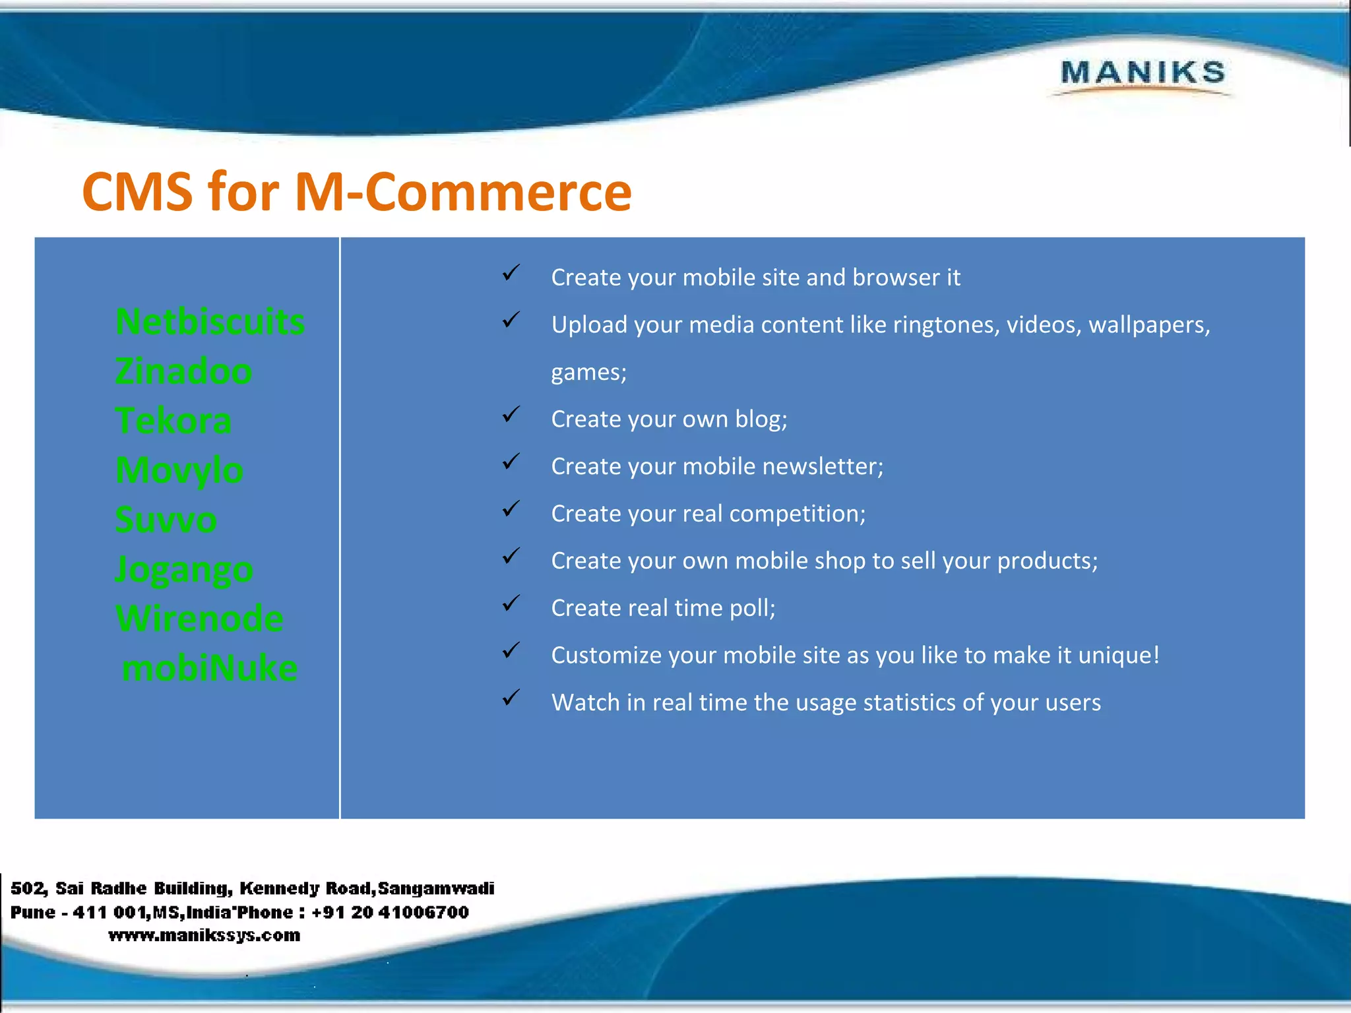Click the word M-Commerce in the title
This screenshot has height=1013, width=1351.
click(x=463, y=192)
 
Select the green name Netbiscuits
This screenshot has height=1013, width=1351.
click(x=210, y=322)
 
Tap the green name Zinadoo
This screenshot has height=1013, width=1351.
click(x=183, y=371)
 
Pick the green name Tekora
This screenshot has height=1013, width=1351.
click(x=173, y=421)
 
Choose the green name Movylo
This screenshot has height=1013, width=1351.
click(x=179, y=470)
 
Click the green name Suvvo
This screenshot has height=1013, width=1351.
click(x=166, y=520)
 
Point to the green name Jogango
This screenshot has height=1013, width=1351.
click(x=184, y=570)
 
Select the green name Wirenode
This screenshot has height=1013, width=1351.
click(x=199, y=619)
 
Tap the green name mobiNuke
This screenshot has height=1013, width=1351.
click(x=210, y=668)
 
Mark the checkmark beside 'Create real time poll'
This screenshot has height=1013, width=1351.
click(x=511, y=603)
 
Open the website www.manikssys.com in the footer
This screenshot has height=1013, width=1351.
click(x=204, y=935)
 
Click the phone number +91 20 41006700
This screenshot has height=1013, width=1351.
click(x=390, y=912)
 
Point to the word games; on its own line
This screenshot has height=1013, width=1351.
click(x=588, y=373)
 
